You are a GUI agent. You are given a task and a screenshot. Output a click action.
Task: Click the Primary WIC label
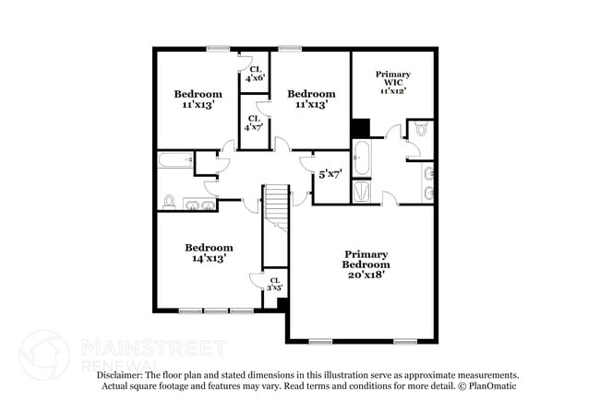(x=392, y=82)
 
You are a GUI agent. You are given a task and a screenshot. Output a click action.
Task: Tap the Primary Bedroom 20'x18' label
(x=366, y=264)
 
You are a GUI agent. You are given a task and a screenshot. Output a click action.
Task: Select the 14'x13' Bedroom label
(x=208, y=252)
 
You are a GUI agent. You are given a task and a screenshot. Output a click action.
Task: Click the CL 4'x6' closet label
(x=254, y=74)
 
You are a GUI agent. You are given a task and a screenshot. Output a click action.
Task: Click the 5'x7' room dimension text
(x=330, y=173)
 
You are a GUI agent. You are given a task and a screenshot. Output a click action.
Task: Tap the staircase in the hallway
(x=276, y=207)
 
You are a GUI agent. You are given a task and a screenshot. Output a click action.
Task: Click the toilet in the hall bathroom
(x=170, y=201)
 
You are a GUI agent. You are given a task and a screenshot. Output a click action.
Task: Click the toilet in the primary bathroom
(x=421, y=131)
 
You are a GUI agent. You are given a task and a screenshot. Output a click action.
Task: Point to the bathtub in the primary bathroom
(x=362, y=158)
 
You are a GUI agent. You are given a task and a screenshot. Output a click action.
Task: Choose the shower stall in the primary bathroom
(x=362, y=191)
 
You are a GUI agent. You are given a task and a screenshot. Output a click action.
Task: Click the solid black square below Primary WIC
(x=360, y=128)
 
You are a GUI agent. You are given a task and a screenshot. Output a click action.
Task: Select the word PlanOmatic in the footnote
(x=494, y=386)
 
